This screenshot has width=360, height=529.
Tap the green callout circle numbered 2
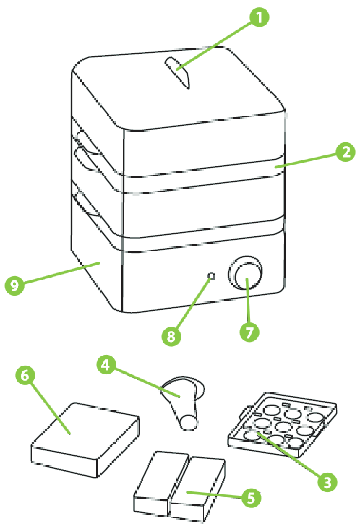point(346,152)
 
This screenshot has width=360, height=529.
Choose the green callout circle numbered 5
point(251,497)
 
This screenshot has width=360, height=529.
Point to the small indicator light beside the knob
point(210,277)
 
